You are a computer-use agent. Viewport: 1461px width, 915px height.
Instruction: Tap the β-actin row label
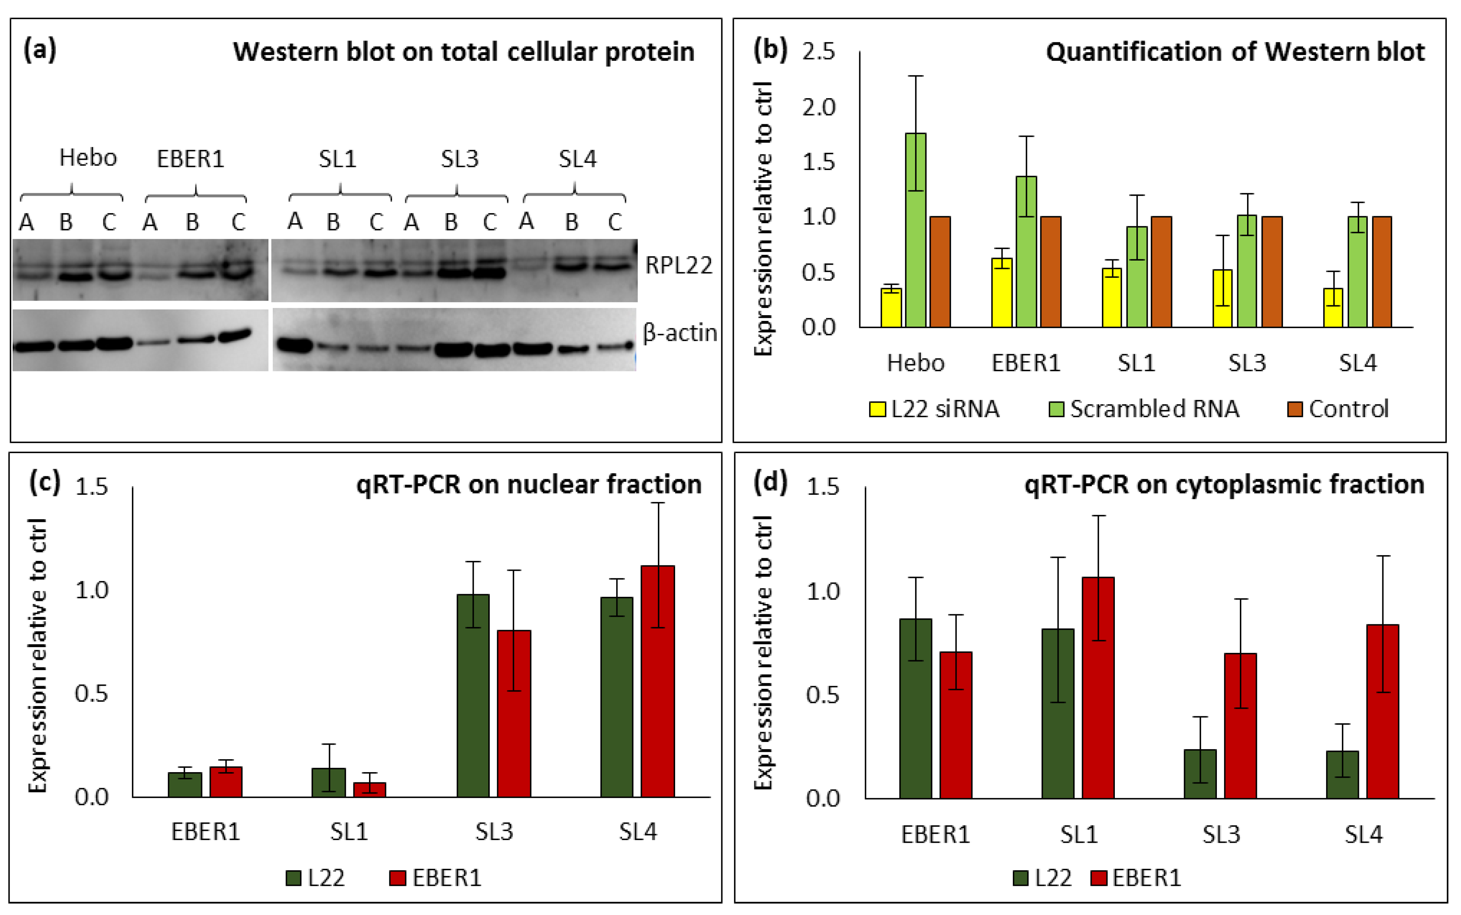click(x=680, y=333)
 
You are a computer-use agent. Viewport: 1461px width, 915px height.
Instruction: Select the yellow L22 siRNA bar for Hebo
click(x=891, y=308)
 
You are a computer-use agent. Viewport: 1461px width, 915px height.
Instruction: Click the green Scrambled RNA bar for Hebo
click(x=915, y=230)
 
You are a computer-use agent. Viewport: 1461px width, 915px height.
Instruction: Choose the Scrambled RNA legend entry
click(x=1144, y=409)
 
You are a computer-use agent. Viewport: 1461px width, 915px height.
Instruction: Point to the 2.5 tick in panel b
click(x=818, y=52)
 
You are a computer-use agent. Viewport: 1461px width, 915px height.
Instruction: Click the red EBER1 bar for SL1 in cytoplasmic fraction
click(x=1098, y=687)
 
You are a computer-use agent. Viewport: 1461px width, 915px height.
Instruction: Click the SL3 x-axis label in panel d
click(x=1221, y=834)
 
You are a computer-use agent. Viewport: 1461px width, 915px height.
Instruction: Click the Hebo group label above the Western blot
click(x=88, y=158)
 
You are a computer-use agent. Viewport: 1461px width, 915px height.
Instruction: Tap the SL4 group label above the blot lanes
click(x=577, y=159)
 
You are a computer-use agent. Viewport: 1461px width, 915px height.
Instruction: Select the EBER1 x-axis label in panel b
click(x=1026, y=363)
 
